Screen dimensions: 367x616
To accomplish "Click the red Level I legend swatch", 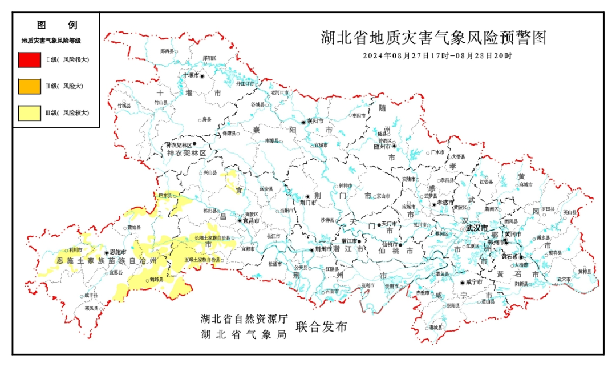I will tap(29, 59).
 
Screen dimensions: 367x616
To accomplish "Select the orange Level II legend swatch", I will tap(29, 86).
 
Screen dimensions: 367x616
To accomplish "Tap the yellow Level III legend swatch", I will tap(29, 113).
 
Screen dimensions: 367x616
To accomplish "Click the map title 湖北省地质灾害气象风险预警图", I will tap(433, 38).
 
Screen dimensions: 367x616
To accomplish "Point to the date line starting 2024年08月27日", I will tap(437, 56).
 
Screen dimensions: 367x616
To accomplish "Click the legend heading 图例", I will tap(56, 25).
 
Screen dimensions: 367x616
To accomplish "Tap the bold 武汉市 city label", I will tap(477, 228).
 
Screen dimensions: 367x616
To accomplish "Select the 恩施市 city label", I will tap(116, 252).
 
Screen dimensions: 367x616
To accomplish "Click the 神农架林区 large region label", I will tap(186, 154).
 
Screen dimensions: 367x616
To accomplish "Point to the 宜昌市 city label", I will tap(252, 220).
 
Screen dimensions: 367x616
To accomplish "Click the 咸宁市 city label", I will tap(474, 282).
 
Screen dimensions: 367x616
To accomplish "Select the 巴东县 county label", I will tap(165, 196).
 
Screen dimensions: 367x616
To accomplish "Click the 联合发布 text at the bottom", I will tap(321, 327).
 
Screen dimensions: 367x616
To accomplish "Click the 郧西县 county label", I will tap(167, 51).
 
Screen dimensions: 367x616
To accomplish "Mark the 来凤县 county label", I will tap(91, 308).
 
